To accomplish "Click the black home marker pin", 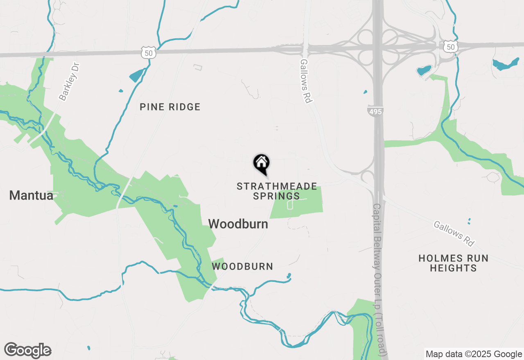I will [x=261, y=164].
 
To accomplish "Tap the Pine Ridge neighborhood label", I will [x=170, y=107].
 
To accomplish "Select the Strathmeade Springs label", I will [x=277, y=191].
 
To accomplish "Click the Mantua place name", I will [x=31, y=196].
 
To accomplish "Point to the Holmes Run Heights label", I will [x=453, y=263].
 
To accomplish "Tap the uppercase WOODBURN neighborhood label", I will [x=242, y=266].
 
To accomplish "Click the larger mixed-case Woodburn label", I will [x=238, y=224].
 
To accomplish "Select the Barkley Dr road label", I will [x=68, y=82].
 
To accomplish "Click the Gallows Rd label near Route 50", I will [x=306, y=81].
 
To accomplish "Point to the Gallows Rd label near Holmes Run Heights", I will [x=454, y=234].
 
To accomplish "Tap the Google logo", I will [x=27, y=350].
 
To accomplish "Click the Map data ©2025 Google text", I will [x=473, y=354].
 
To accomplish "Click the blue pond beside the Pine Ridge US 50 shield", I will [x=137, y=74].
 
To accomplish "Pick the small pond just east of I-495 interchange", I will [x=424, y=70].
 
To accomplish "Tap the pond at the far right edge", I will [x=506, y=64].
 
